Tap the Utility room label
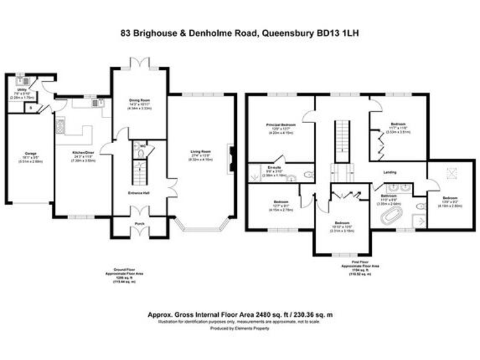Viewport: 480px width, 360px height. point(22,89)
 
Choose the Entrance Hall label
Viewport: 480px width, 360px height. point(139,192)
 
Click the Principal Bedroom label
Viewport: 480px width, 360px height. point(281,125)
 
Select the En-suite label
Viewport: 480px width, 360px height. point(272,167)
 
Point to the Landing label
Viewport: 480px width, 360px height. point(389,172)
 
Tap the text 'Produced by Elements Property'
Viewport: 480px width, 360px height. point(239,328)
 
